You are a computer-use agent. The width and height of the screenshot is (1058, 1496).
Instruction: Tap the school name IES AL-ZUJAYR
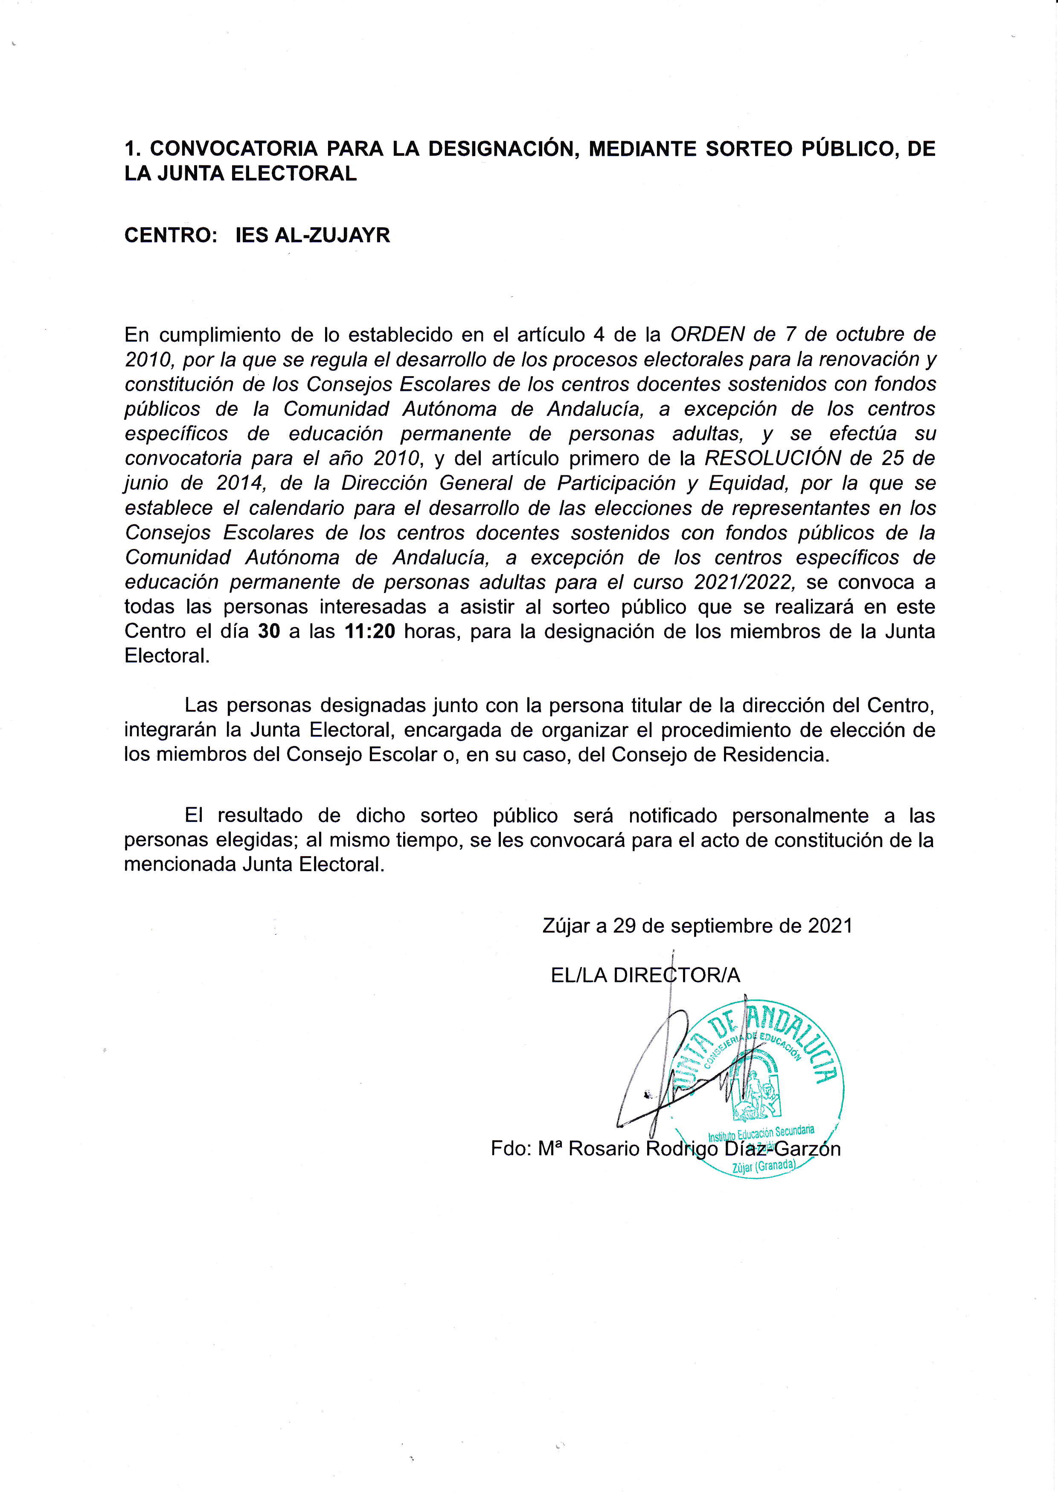point(313,235)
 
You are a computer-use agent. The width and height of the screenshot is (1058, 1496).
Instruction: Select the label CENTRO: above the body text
point(171,235)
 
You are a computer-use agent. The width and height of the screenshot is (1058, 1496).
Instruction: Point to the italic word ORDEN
point(707,334)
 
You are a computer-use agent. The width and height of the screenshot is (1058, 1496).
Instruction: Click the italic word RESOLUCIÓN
point(773,458)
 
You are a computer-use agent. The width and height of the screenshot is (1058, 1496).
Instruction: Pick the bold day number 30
point(269,631)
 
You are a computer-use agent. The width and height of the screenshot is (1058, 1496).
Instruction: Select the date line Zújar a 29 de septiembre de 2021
point(697,926)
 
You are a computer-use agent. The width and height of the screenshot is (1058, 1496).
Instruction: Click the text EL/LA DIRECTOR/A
point(645,975)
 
